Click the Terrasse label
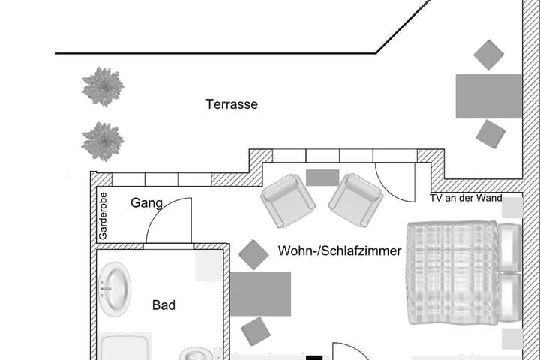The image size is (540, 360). click(232, 104)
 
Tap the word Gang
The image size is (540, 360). click(146, 203)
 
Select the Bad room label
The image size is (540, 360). click(163, 305)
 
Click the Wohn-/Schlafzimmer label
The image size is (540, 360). click(340, 250)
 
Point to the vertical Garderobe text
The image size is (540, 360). click(103, 216)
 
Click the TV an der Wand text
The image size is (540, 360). click(466, 198)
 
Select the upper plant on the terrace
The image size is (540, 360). click(103, 86)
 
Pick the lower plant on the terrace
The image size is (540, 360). click(103, 141)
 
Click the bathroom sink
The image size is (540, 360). click(114, 289)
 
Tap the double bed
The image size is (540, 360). click(464, 273)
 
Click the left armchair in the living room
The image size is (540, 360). click(288, 201)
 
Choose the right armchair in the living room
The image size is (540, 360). click(355, 200)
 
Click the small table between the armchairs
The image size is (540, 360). click(322, 178)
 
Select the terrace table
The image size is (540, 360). click(489, 96)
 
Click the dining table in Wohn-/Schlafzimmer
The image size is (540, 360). click(261, 294)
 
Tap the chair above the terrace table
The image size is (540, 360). click(488, 55)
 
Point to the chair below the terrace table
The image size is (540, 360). click(490, 134)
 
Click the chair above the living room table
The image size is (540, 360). click(253, 254)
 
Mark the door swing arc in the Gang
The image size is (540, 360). click(161, 208)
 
